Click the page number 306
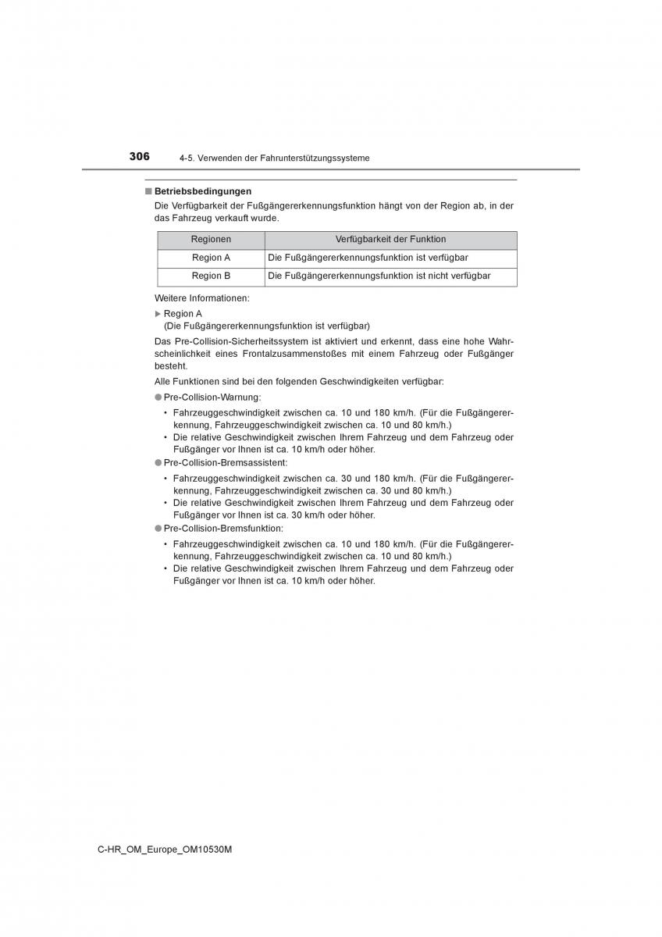pos(140,156)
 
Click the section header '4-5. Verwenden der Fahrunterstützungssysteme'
pos(274,159)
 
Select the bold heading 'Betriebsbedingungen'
pos(202,191)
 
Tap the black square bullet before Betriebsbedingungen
pos(147,191)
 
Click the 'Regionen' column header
pos(211,240)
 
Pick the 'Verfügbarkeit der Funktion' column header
pos(390,240)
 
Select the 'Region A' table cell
pos(211,258)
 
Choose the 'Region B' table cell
pos(211,276)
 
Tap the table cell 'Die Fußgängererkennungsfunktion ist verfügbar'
pos(368,258)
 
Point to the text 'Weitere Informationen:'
pos(202,298)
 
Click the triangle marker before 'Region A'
pos(158,314)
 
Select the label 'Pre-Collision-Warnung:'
pos(212,397)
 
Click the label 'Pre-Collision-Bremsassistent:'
pos(226,463)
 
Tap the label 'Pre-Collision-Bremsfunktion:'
pos(223,529)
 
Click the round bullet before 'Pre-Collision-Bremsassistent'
pos(158,463)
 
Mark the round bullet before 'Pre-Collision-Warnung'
pos(158,397)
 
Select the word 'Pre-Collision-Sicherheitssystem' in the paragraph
pos(240,342)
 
